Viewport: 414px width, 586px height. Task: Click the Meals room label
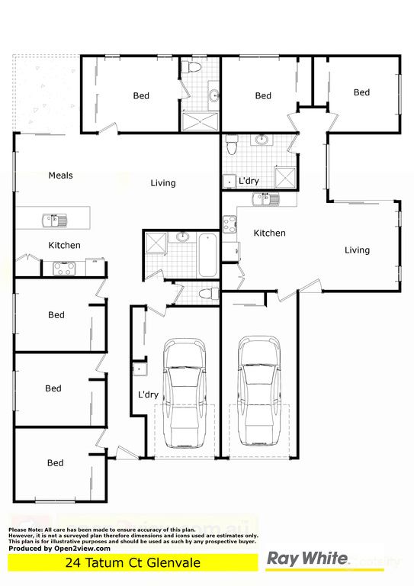pos(61,175)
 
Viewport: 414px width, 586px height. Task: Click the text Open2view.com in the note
pos(82,548)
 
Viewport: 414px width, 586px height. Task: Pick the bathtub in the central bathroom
pos(207,256)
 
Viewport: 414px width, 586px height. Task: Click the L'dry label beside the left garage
pos(148,395)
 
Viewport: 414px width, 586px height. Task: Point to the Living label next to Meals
pos(163,183)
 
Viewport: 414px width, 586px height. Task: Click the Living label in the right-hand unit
pos(357,250)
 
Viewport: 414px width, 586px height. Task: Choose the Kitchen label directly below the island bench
pos(65,246)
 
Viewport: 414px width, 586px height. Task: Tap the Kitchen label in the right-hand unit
pos(270,233)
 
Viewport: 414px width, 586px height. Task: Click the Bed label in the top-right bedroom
pos(361,92)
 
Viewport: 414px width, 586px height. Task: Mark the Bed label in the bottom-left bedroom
pos(56,463)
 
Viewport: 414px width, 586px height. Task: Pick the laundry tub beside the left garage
pos(139,370)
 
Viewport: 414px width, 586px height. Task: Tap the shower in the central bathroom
pos(157,244)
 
